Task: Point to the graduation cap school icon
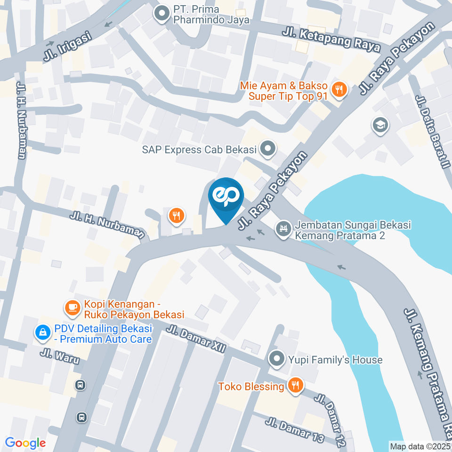[379, 125]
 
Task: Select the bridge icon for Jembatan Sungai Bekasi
[283, 229]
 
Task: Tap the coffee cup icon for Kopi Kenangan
[72, 308]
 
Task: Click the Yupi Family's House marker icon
[275, 360]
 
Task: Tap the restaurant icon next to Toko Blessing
[296, 386]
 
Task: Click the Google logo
[25, 443]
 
